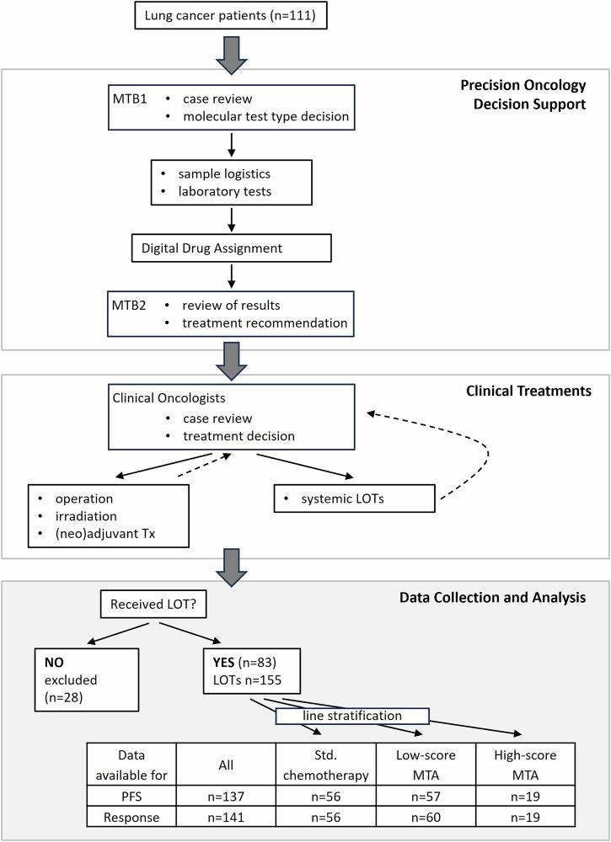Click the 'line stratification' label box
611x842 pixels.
point(352,715)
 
